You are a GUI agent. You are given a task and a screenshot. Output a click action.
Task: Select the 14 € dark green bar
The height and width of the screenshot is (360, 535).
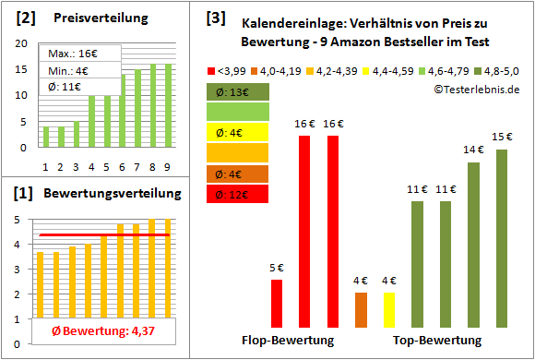tap(473, 245)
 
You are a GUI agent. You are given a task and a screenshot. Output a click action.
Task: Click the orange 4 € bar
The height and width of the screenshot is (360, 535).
tap(360, 309)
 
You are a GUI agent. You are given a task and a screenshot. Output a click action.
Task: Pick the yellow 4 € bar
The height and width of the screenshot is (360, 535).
tap(388, 309)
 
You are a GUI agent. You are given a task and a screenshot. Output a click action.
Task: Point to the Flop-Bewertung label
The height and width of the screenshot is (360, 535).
tap(287, 341)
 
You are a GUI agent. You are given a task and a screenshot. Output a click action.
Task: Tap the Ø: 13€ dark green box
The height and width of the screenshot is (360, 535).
tap(237, 92)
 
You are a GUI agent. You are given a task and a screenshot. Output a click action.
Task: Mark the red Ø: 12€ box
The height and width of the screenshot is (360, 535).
tap(237, 194)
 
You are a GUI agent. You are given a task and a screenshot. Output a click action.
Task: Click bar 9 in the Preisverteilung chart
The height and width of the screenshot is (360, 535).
tap(167, 105)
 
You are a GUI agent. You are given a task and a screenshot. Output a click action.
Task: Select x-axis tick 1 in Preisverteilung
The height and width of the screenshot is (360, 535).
tap(46, 166)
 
